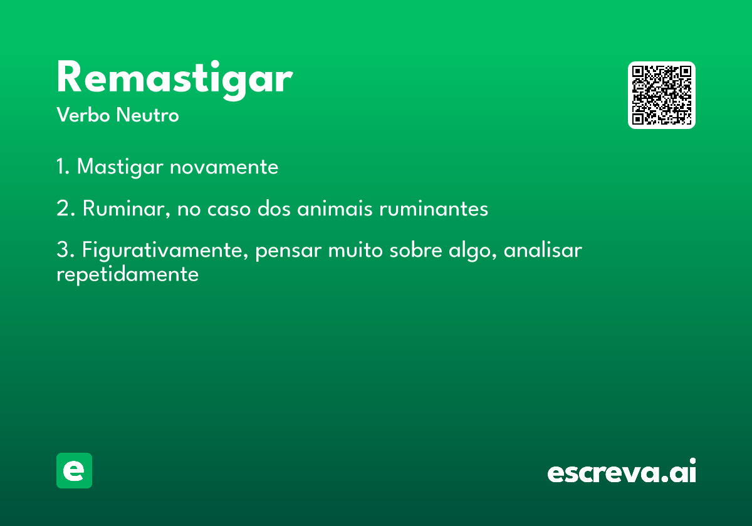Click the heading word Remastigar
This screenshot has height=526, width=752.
click(x=175, y=80)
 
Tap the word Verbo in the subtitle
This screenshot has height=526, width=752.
click(x=83, y=115)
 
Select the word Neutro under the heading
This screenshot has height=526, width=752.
click(x=148, y=115)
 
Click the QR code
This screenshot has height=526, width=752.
click(x=661, y=95)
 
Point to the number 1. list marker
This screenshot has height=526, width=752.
click(x=63, y=167)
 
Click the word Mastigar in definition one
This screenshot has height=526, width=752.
click(x=120, y=167)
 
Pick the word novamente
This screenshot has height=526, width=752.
click(x=224, y=167)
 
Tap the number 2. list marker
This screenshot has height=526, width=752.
click(x=66, y=208)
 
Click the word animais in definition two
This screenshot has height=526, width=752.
click(x=335, y=209)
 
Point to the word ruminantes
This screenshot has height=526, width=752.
click(x=434, y=209)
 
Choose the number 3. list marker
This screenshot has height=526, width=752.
click(x=65, y=250)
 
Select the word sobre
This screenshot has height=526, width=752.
click(x=415, y=250)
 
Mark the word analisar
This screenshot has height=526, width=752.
click(x=543, y=250)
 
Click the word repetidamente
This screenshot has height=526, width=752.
click(x=128, y=275)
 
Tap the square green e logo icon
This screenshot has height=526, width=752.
click(x=74, y=470)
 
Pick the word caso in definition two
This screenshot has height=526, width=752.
click(x=229, y=209)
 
